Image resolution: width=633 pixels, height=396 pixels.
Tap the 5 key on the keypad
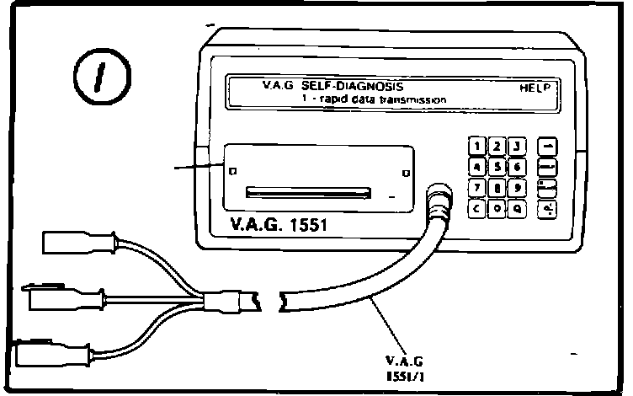[x=497, y=166]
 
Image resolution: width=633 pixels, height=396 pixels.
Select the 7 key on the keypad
[x=478, y=187]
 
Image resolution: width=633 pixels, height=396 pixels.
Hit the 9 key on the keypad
[x=518, y=186]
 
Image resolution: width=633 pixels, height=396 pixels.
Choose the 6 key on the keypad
[x=518, y=166]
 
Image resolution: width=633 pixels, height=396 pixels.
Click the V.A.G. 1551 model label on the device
[x=272, y=226]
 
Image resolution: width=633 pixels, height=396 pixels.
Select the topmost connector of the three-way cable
[x=72, y=245]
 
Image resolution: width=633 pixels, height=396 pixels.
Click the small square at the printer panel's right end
[x=407, y=173]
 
